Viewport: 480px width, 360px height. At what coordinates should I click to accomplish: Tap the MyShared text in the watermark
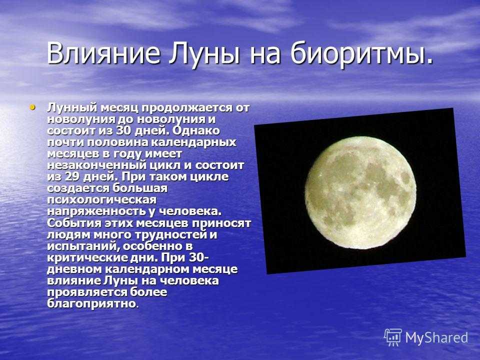click(x=436, y=337)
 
